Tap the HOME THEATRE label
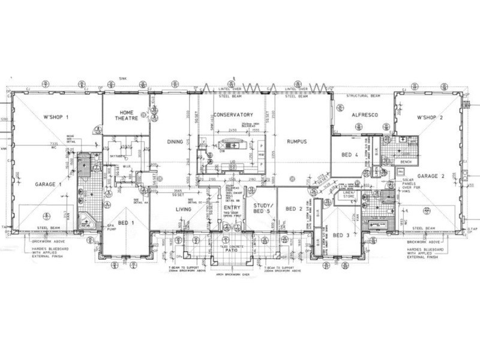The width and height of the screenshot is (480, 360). tap(127, 115)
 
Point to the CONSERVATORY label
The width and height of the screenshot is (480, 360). tap(233, 114)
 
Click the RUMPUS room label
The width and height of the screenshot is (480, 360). tap(297, 142)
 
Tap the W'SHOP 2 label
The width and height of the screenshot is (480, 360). tap(430, 117)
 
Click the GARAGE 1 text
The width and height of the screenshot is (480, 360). tap(48, 185)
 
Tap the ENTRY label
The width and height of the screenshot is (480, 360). tap(232, 207)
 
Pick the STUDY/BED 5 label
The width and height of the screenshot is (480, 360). tap(260, 209)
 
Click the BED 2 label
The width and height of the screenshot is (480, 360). tap(293, 209)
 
